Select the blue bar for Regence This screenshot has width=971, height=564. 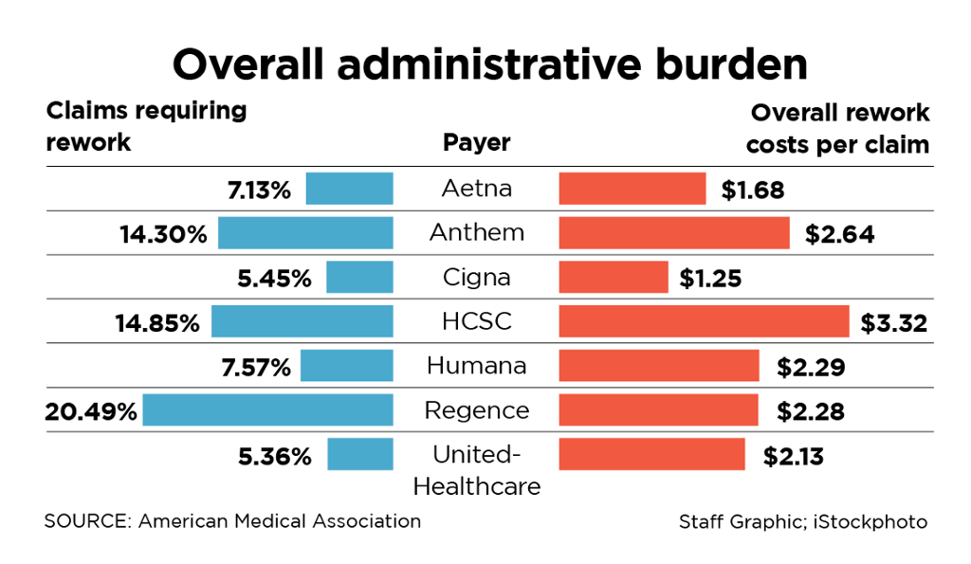tap(267, 410)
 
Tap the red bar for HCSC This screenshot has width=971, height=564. tap(704, 321)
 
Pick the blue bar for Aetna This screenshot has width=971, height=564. tap(349, 189)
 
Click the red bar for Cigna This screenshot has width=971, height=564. tap(614, 278)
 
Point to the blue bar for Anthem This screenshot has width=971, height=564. tap(305, 233)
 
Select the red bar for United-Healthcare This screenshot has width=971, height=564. tap(651, 454)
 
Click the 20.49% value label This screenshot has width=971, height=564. tap(91, 411)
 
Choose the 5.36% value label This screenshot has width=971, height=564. tap(275, 456)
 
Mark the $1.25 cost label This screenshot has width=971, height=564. tap(710, 279)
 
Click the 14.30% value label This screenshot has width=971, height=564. tap(163, 234)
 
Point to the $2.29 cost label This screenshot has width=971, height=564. tap(810, 367)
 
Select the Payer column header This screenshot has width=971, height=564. tap(476, 143)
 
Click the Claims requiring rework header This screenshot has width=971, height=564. tap(146, 126)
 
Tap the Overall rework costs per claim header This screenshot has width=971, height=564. tap(838, 129)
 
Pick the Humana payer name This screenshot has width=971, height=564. tap(476, 365)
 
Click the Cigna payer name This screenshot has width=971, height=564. tap(476, 277)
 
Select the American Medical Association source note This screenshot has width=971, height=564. tap(232, 521)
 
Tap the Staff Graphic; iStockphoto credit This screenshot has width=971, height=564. tap(802, 522)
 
